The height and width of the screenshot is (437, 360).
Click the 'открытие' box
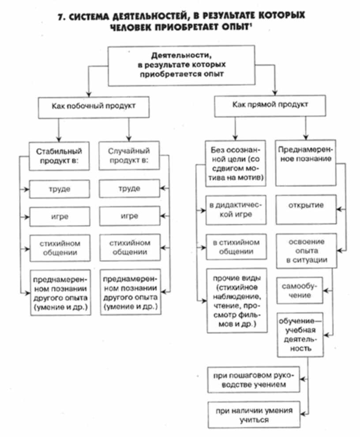305,205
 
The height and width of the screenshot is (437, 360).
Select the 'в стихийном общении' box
236,247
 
